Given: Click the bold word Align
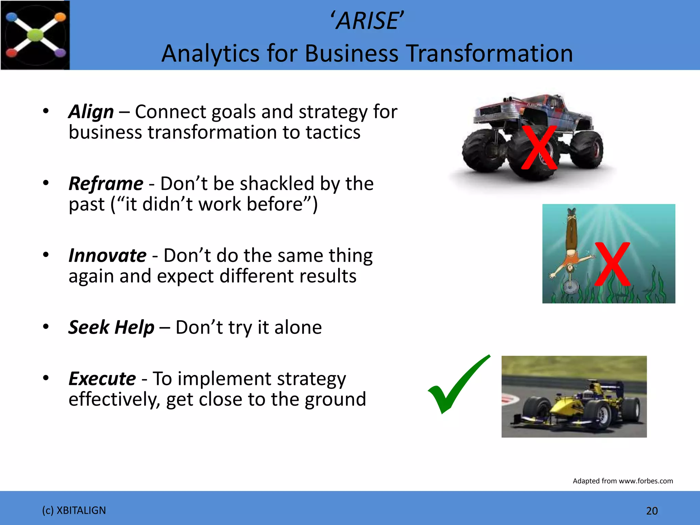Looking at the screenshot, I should click(91, 112).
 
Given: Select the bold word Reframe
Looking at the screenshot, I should click(106, 184).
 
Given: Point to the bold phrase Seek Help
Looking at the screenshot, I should click(111, 327).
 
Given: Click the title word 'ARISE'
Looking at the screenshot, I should click(367, 21).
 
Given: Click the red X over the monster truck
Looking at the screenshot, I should click(539, 148).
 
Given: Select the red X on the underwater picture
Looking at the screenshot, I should click(612, 264).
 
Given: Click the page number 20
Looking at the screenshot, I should click(652, 511).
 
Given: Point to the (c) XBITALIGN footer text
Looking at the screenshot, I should click(74, 510).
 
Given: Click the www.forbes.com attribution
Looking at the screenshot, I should click(646, 481).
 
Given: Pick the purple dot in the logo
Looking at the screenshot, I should click(60, 53).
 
